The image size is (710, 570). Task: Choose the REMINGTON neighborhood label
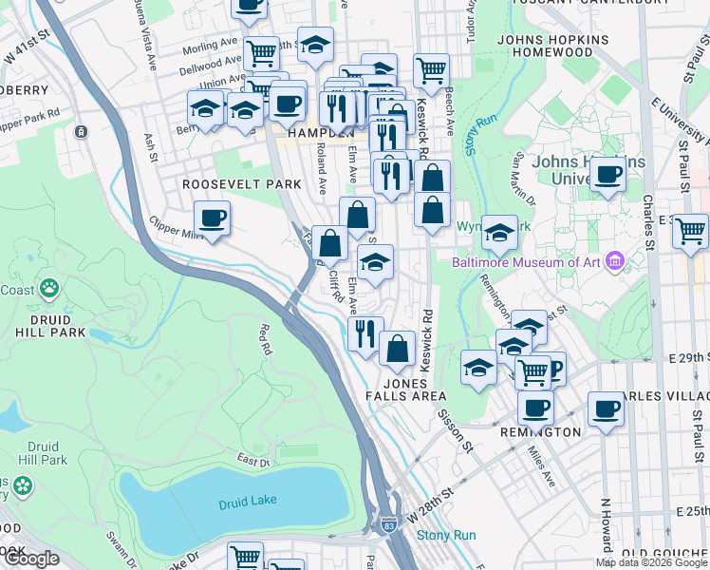pyautogui.click(x=540, y=431)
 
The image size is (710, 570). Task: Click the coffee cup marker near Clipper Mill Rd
pyautogui.click(x=213, y=218)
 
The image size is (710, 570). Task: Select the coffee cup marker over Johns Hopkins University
pyautogui.click(x=607, y=174)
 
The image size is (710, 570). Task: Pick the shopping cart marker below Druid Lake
pyautogui.click(x=245, y=556)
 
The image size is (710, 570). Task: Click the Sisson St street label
pyautogui.click(x=453, y=425)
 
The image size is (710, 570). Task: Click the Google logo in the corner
pyautogui.click(x=31, y=559)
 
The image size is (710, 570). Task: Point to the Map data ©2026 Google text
pyautogui.click(x=651, y=562)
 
